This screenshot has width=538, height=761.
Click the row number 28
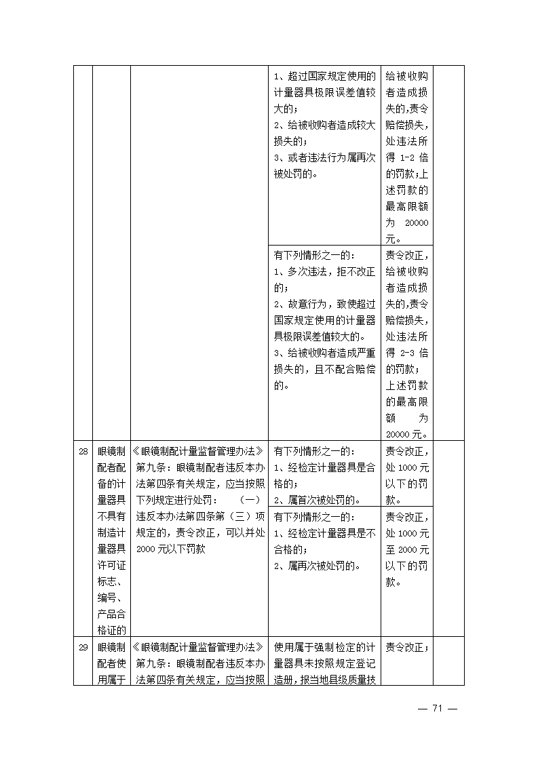[x=83, y=451]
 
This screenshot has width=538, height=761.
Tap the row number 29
[x=83, y=647]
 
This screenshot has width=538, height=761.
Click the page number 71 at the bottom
[x=437, y=708]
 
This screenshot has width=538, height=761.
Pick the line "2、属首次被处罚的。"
[x=316, y=501]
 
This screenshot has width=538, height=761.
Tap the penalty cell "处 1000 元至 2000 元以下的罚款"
[x=407, y=549]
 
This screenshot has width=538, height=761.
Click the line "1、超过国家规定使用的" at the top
[x=324, y=75]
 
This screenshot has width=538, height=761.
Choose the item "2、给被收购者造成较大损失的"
[x=324, y=133]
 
